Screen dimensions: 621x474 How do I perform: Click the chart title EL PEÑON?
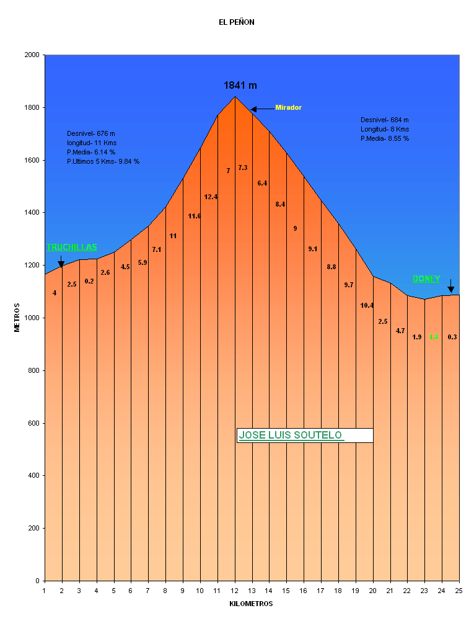pos(236,22)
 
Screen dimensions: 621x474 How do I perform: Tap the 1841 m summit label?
pos(240,86)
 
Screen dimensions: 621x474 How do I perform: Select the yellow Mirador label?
pos(288,108)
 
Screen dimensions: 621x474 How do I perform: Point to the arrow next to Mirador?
pos(262,109)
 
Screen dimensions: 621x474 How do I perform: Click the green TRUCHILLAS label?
pos(72,248)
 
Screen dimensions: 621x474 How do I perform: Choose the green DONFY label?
pos(426,279)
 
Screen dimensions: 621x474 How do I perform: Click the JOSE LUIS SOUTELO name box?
pos(304,436)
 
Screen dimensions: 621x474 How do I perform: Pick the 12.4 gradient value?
pos(211,197)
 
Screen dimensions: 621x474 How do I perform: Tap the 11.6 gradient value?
pos(195,217)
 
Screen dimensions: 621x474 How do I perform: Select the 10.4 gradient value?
pos(367,305)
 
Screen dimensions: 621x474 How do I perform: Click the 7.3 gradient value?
pos(243,168)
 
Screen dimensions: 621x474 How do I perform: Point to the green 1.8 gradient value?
pos(434,337)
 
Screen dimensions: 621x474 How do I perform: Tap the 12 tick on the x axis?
pos(235,590)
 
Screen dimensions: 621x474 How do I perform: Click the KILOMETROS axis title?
pos(251,604)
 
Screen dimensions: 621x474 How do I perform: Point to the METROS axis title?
pos(17,318)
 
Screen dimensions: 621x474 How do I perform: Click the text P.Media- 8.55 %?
pos(385,139)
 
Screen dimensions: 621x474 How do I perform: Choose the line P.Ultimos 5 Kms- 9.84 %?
pos(103,161)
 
